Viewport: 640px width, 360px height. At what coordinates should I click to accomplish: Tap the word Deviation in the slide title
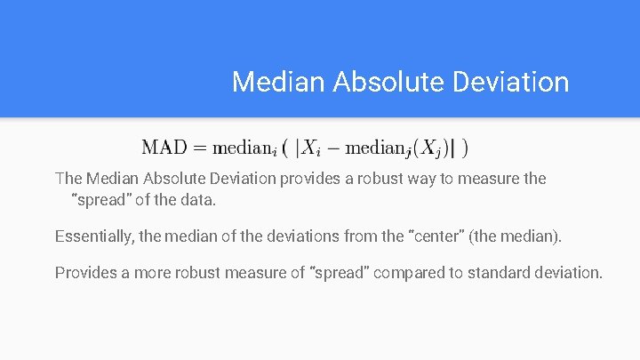click(512, 82)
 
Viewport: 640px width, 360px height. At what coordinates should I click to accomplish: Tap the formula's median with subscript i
click(252, 148)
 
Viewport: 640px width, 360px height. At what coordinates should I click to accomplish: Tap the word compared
click(409, 272)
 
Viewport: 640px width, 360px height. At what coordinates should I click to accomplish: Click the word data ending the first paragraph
click(198, 200)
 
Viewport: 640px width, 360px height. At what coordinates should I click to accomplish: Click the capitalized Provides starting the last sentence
click(87, 272)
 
